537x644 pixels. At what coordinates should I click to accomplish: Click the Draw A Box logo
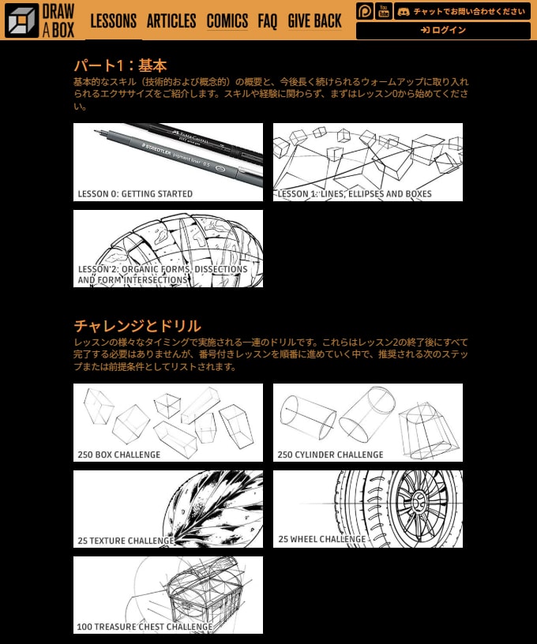(39, 21)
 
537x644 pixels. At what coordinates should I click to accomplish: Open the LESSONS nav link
(113, 21)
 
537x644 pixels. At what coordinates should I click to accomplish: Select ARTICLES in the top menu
(171, 21)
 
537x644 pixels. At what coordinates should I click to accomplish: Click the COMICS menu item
(227, 21)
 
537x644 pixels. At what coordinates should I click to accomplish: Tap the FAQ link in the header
(268, 21)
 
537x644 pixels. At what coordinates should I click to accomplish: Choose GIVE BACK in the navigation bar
(314, 21)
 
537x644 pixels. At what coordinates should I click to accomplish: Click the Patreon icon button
(364, 11)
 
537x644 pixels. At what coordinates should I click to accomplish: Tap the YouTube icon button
(384, 11)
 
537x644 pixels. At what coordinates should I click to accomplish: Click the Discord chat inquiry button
(462, 11)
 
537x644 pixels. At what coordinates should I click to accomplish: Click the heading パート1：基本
(120, 66)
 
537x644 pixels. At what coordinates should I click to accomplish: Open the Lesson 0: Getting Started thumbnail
(168, 162)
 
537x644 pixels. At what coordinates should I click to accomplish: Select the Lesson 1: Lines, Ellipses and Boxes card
(368, 162)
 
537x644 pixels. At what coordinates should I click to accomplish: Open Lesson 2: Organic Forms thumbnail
(168, 249)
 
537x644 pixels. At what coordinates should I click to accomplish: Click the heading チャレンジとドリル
(137, 326)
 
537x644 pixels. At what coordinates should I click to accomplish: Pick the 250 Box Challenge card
(168, 422)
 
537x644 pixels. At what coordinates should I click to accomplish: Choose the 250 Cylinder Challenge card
(368, 422)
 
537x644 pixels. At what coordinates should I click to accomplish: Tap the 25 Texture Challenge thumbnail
(168, 509)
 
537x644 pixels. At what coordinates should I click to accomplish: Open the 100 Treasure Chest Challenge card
(168, 595)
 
